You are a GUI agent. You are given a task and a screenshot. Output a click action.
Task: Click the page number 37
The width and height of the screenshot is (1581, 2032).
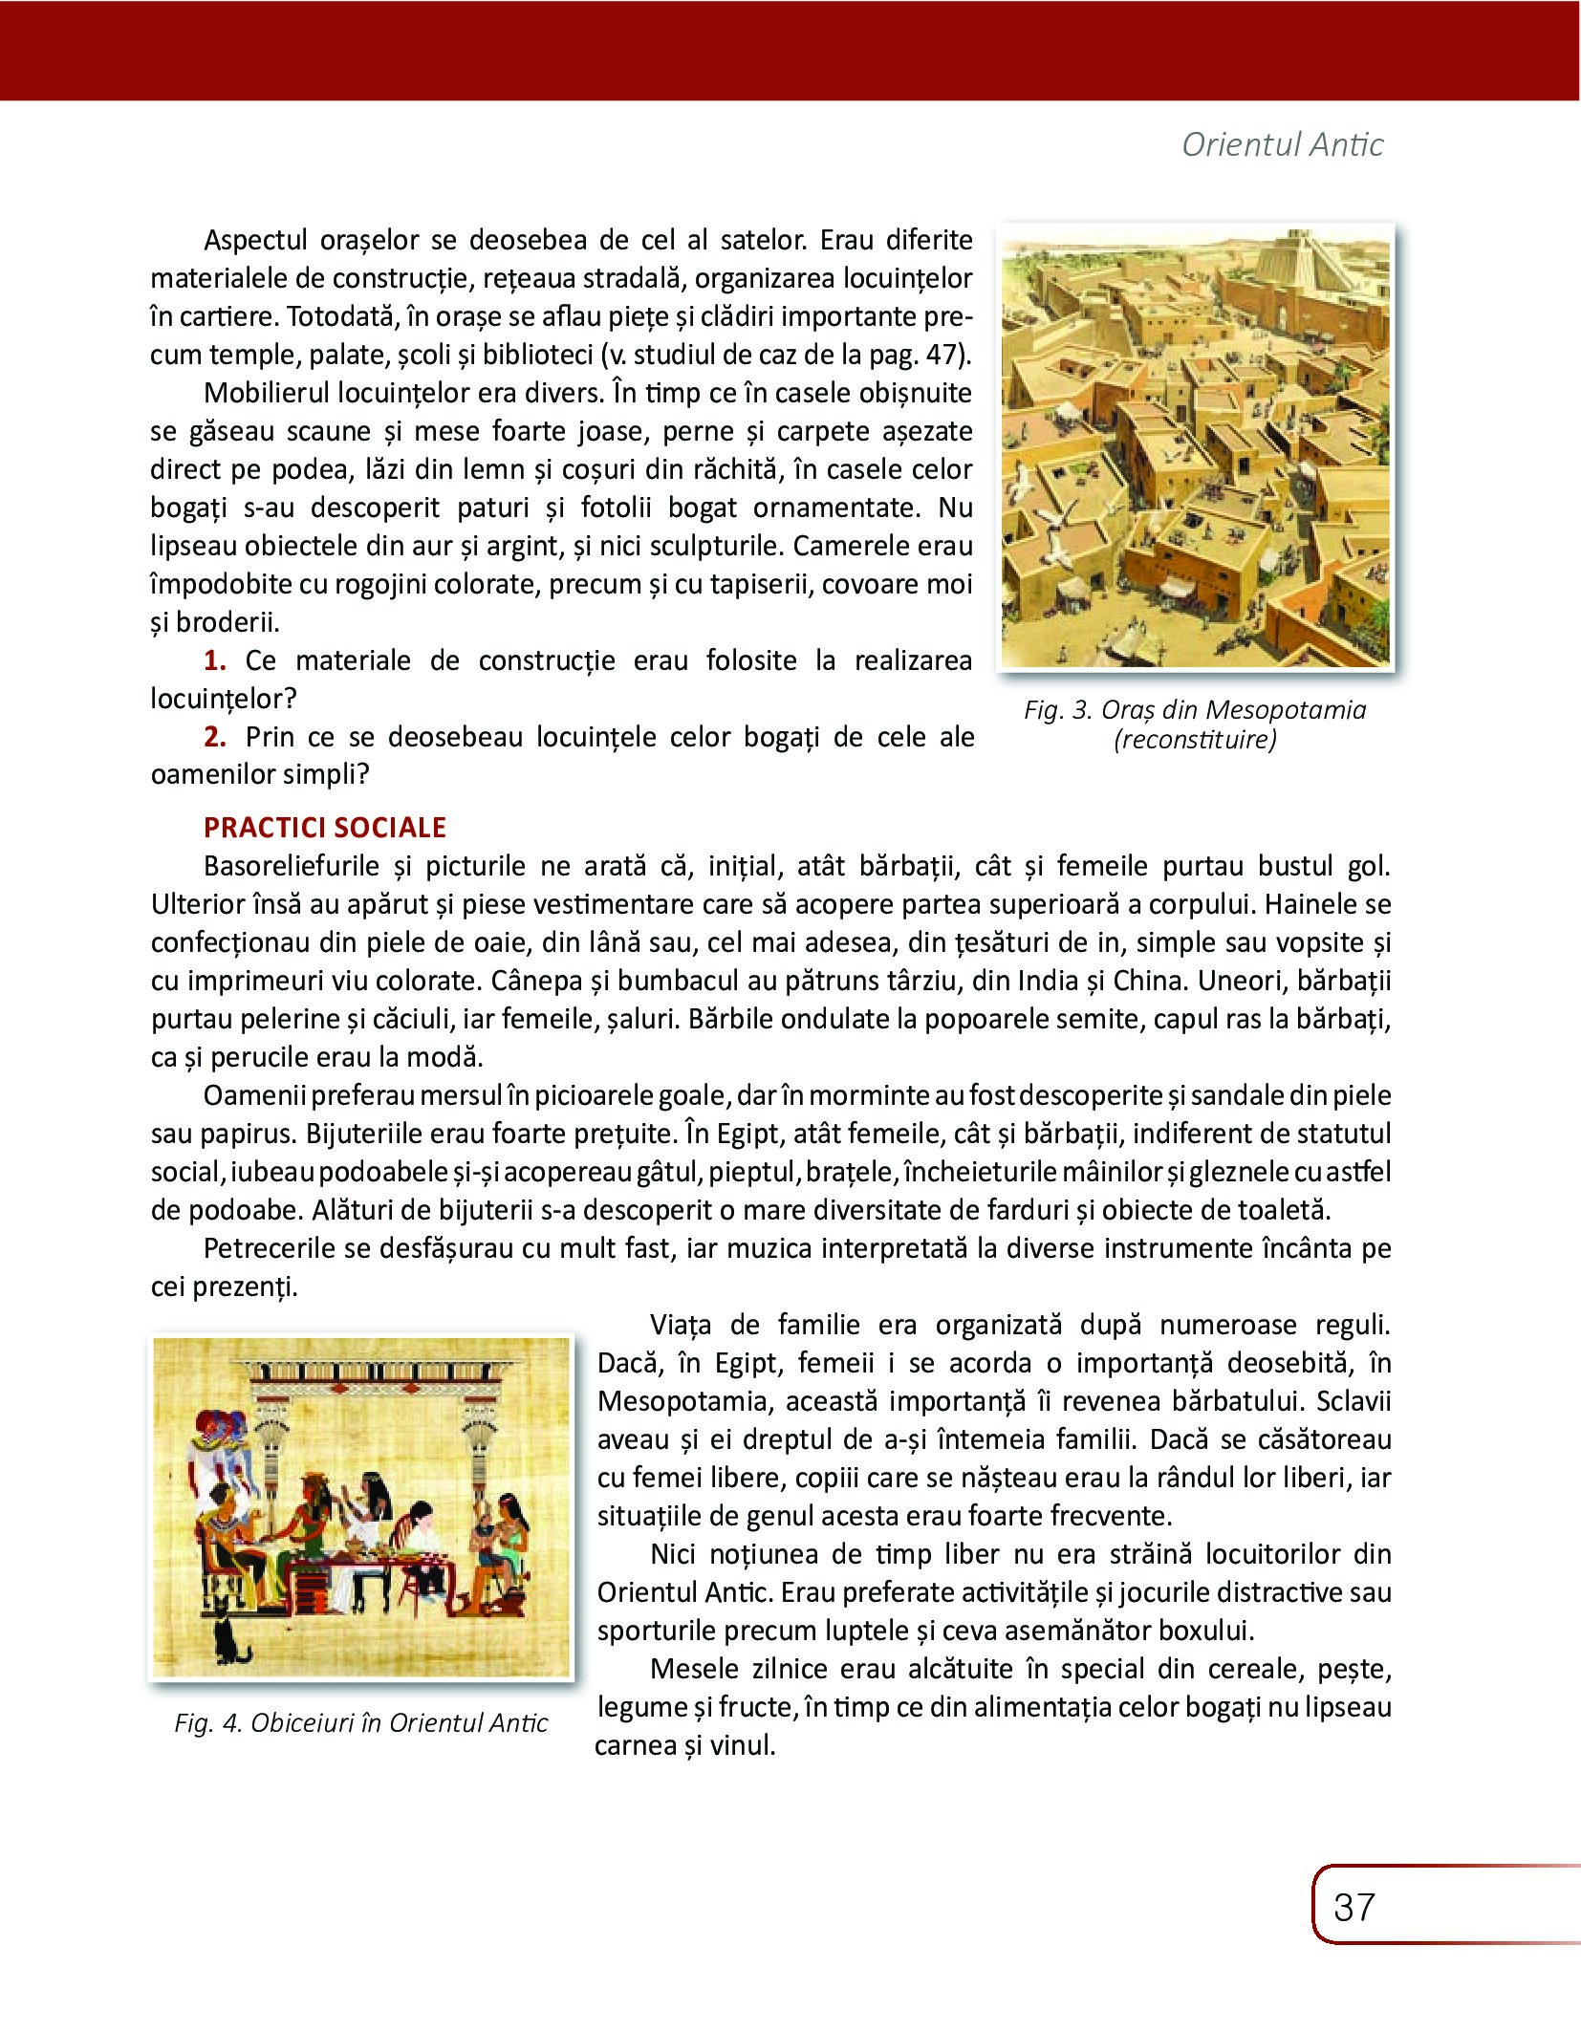pyautogui.click(x=1354, y=1907)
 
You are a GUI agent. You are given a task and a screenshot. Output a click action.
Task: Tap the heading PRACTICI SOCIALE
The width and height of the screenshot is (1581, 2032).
pyautogui.click(x=325, y=827)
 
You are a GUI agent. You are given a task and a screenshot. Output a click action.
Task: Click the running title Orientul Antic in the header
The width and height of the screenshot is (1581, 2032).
pyautogui.click(x=1282, y=144)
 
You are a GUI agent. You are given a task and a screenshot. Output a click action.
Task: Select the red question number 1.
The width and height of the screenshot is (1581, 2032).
pyautogui.click(x=215, y=660)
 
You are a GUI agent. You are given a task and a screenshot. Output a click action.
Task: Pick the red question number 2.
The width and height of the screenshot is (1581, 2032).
pyautogui.click(x=215, y=737)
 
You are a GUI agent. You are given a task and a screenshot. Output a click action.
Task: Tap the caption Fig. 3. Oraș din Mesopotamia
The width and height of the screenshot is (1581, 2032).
pyautogui.click(x=1195, y=709)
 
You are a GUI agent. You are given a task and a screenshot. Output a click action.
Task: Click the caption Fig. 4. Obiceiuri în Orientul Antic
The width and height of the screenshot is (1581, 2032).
pyautogui.click(x=361, y=1722)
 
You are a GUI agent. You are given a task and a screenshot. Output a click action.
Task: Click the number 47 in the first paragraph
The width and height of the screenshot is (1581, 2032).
pyautogui.click(x=941, y=355)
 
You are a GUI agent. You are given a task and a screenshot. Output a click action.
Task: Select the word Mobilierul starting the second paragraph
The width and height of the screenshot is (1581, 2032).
pyautogui.click(x=267, y=393)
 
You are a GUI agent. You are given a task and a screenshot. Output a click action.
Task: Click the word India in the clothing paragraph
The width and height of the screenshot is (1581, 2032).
pyautogui.click(x=1049, y=981)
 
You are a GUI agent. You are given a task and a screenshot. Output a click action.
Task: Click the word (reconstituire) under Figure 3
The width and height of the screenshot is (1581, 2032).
pyautogui.click(x=1195, y=740)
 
